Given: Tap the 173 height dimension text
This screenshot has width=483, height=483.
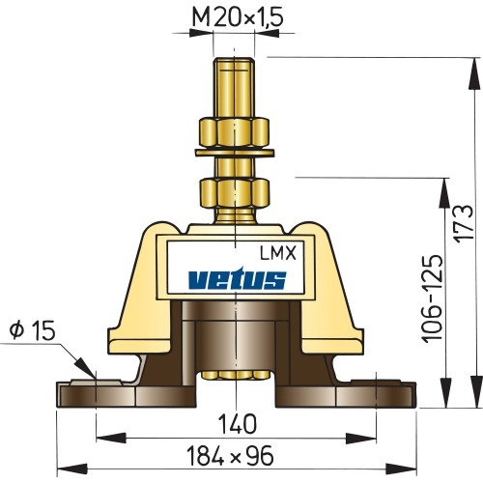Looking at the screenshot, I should (466, 224).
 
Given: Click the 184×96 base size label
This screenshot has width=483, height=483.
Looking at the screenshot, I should (236, 455).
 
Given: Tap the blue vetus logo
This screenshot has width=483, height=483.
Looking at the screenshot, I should (236, 279).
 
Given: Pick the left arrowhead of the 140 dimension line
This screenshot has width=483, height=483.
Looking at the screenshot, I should (101, 437).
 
